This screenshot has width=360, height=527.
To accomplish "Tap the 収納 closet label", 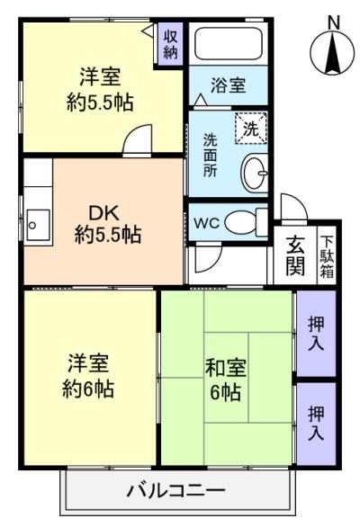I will click(170, 43).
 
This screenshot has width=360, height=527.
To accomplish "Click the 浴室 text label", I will click(228, 87).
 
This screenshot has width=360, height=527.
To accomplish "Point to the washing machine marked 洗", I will click(251, 128).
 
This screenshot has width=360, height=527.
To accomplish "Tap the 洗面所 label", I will click(210, 154).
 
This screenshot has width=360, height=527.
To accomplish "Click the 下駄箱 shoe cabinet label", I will click(328, 255).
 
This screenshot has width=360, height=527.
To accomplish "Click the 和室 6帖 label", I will click(225, 381).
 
